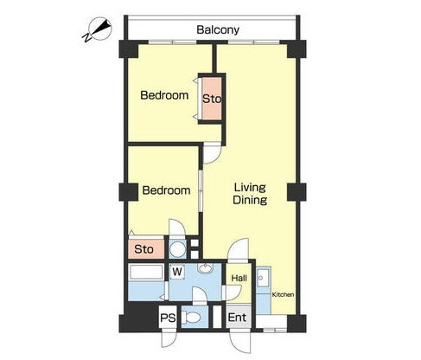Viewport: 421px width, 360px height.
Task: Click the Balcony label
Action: coord(218,29)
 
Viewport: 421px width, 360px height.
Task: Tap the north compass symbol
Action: coord(99,29)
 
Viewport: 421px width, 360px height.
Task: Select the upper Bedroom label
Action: coord(164,95)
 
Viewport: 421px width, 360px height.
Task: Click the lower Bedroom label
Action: coord(166,190)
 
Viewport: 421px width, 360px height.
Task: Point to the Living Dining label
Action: coord(250,194)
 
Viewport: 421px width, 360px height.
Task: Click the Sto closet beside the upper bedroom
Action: coord(212,99)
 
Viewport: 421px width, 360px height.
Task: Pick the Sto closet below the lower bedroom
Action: coord(146,249)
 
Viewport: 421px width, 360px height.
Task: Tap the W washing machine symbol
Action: coord(177,272)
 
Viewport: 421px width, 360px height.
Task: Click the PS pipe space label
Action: coord(168,318)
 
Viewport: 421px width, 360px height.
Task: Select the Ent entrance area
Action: coord(237,318)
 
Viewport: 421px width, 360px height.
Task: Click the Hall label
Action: coord(239,279)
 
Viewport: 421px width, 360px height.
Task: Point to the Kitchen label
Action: coord(283,294)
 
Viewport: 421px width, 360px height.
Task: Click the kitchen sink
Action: coord(264,278)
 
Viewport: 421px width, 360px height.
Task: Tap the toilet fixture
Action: coord(191,318)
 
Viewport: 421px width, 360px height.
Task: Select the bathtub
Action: coord(146,273)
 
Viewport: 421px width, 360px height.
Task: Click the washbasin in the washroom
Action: coord(205,268)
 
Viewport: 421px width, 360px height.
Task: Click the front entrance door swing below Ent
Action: coord(240,342)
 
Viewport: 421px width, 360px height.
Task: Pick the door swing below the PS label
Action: coord(169,338)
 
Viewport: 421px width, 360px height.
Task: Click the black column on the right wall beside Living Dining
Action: coord(297,192)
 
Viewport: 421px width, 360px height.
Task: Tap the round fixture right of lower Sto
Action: coord(177,249)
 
